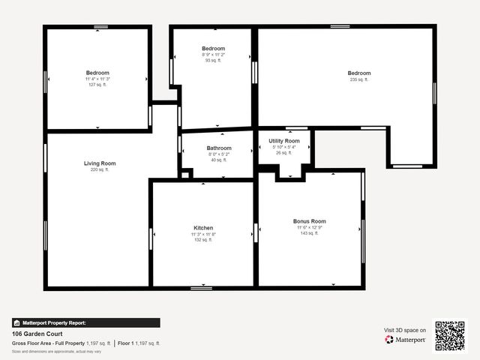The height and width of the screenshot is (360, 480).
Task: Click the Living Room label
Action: pos(100,163)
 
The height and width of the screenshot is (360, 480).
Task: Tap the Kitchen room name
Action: pos(203,228)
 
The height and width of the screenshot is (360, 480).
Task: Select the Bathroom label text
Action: pos(219,148)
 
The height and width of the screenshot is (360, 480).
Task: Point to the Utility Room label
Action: pos(284,141)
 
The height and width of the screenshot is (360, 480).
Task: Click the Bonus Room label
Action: pos(309,221)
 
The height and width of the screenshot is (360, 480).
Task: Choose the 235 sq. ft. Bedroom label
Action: pos(359,73)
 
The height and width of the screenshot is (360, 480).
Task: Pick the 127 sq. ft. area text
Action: pos(97,85)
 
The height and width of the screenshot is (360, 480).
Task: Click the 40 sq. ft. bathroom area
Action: pos(219,160)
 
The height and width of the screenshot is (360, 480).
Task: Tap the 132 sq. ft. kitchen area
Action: pos(203,240)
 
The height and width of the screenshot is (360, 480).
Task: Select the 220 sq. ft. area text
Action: pos(100,169)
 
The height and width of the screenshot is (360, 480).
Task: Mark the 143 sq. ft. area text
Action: pos(309,233)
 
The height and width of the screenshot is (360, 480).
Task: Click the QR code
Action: pos(450,336)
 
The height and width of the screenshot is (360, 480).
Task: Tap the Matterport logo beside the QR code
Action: pos(406,340)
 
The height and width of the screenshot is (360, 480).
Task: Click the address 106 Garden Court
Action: pos(37,334)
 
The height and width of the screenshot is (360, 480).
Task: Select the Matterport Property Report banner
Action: pos(85,322)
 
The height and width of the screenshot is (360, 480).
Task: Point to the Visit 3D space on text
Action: pos(405,330)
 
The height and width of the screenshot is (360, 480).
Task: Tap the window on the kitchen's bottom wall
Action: pos(201,287)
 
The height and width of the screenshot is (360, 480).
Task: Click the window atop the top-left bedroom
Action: pos(100,27)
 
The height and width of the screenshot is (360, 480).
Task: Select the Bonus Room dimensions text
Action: pos(309,227)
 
